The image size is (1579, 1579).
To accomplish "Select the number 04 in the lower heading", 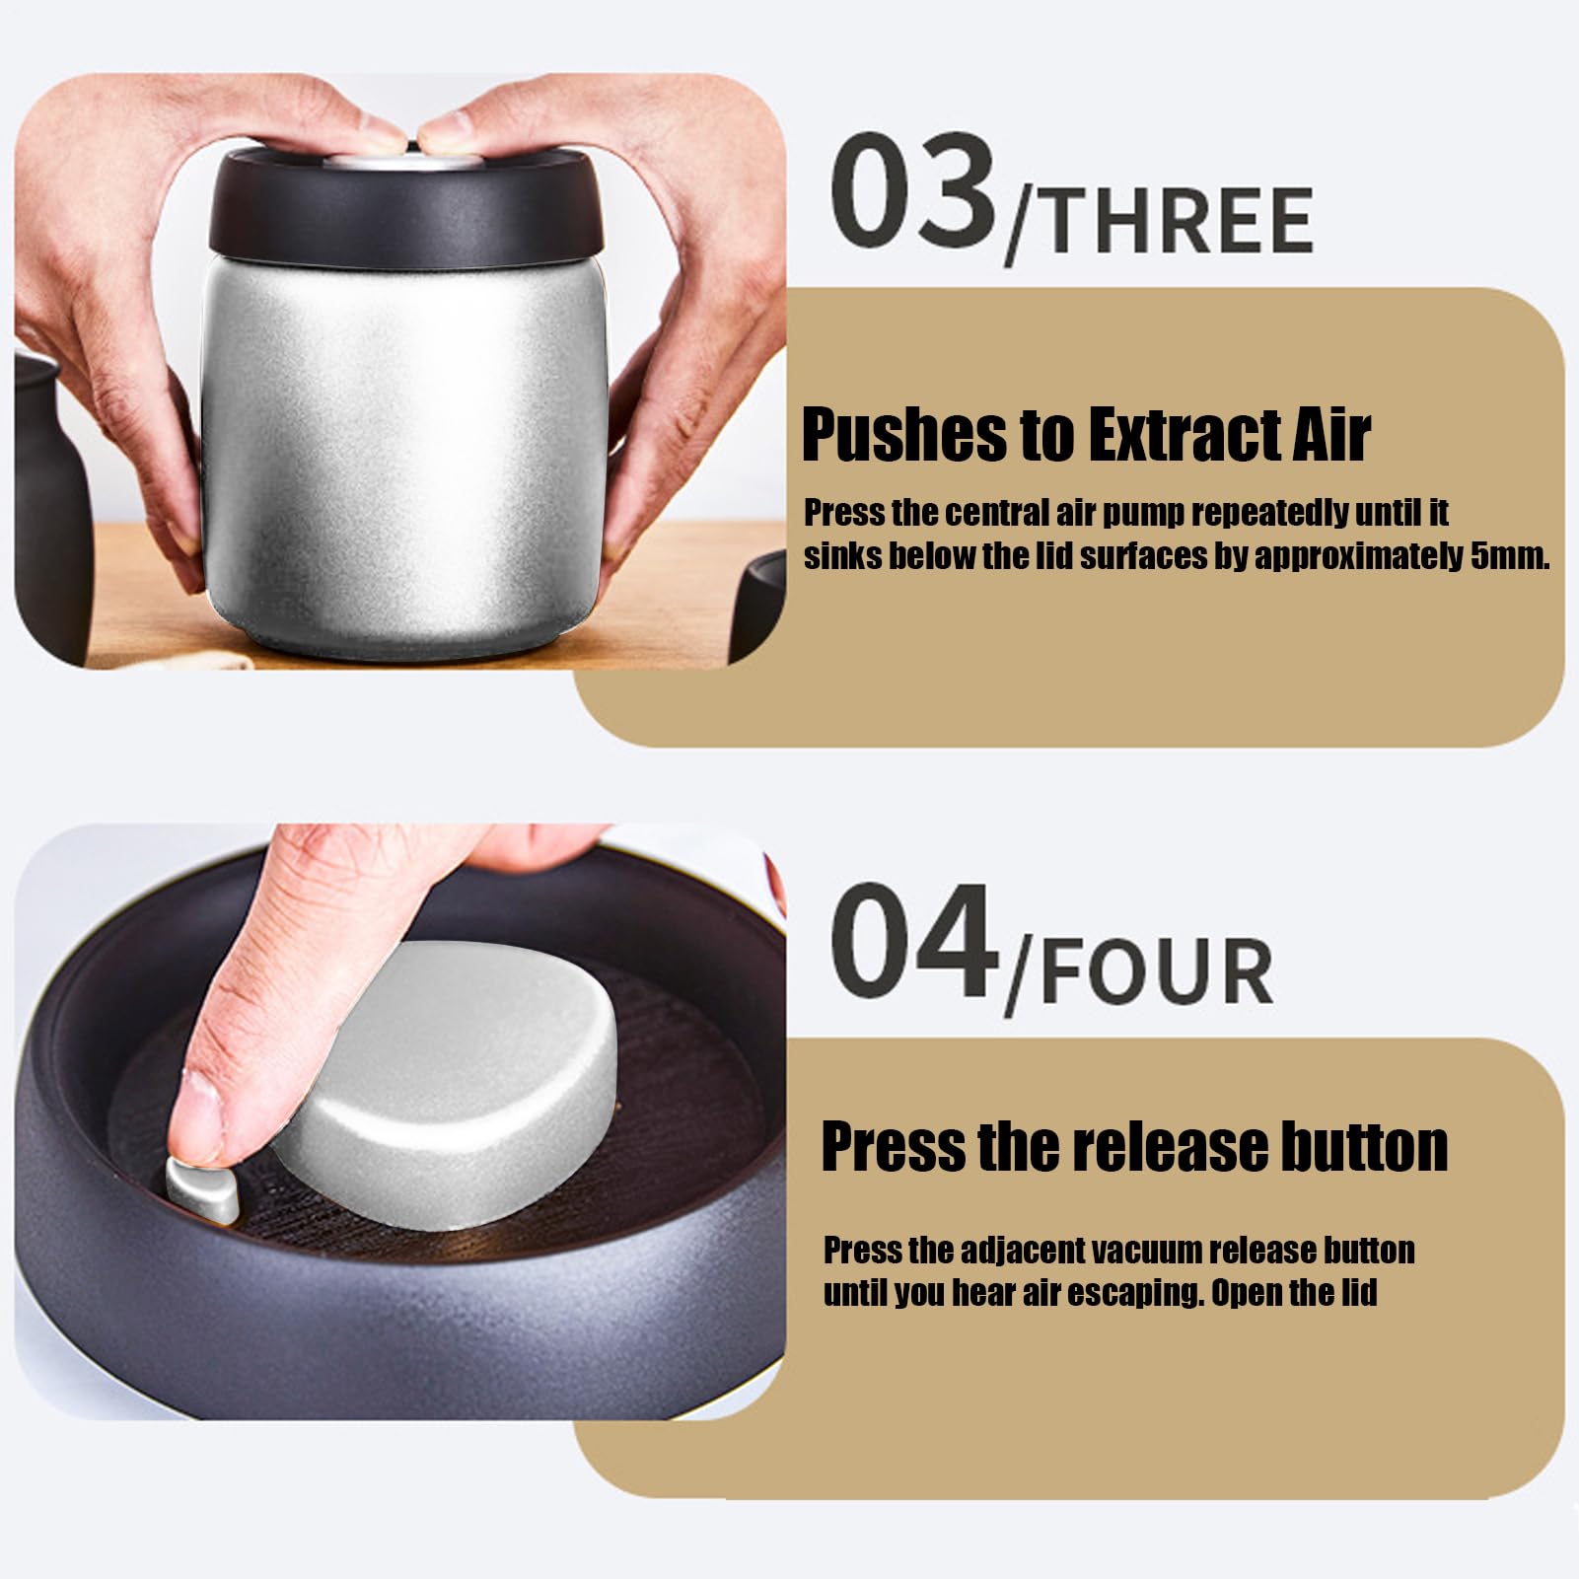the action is (912, 941).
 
